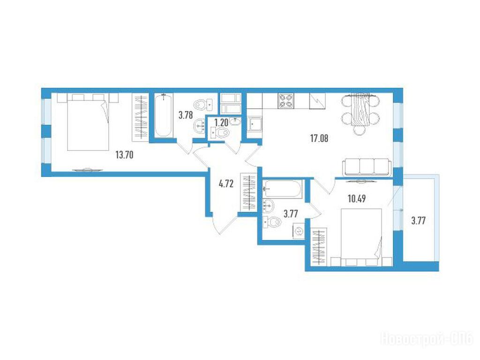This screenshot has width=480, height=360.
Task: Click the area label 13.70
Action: point(124,155)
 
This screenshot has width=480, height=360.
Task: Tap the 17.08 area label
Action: point(319,139)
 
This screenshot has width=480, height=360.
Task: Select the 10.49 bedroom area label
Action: point(357,199)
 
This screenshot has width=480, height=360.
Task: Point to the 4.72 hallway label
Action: point(226,184)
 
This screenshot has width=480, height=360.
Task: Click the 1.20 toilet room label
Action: point(221,123)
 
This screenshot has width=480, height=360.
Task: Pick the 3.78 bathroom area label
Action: point(186,115)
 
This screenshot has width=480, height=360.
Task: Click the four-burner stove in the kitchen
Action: point(285,101)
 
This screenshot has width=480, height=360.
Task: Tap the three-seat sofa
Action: point(367,167)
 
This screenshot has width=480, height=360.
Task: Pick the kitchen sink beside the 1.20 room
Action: point(255,124)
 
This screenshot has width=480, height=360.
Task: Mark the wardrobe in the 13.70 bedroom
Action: point(141,117)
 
